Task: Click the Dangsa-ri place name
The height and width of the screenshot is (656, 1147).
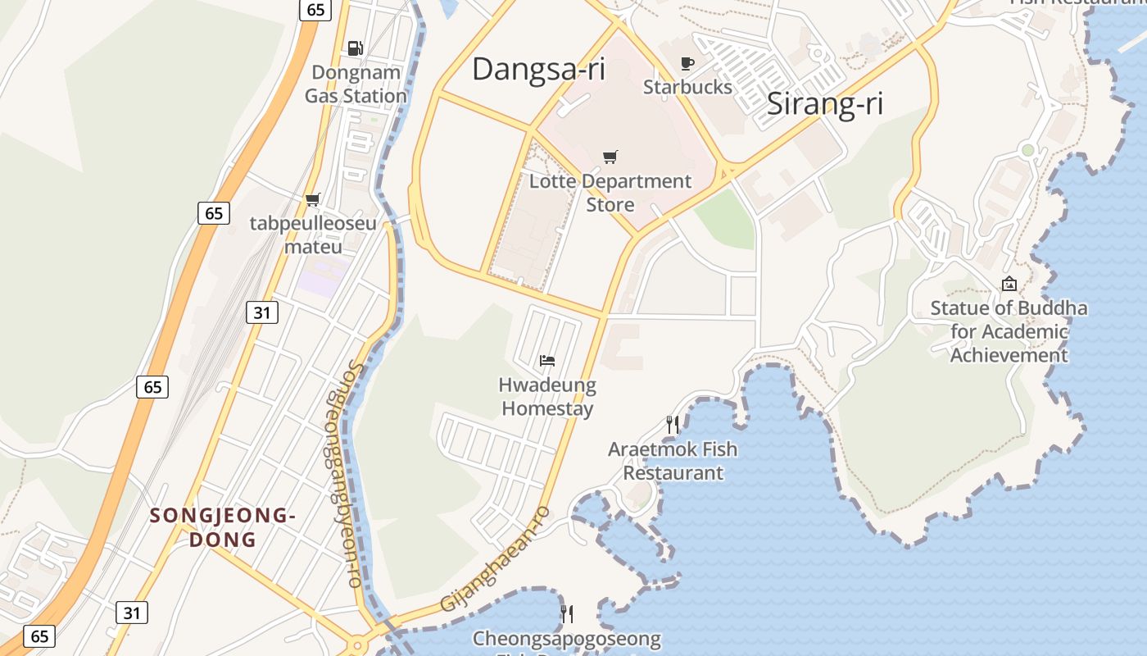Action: [538, 69]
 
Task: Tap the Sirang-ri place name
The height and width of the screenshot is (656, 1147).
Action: [825, 104]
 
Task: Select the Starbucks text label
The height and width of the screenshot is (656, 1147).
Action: [687, 86]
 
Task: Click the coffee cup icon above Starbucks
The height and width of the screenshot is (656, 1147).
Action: [687, 63]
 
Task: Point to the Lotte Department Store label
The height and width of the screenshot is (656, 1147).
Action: [610, 193]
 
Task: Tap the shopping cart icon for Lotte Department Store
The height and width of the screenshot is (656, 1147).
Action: [610, 157]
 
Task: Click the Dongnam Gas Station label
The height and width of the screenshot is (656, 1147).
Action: [356, 84]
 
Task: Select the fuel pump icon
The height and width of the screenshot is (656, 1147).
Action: [355, 48]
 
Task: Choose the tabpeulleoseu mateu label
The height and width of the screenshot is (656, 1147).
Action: [313, 235]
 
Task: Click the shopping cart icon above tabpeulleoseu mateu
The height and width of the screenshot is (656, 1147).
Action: [312, 199]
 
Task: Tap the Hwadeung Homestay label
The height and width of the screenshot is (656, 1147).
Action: [547, 396]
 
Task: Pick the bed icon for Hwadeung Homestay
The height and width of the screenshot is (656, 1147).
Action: [547, 361]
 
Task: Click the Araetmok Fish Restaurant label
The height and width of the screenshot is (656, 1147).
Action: [673, 461]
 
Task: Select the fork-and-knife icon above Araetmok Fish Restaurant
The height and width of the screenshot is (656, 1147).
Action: [673, 425]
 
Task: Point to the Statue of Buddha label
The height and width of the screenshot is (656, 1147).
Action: [1009, 331]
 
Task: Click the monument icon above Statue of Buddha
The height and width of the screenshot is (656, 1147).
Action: [1009, 285]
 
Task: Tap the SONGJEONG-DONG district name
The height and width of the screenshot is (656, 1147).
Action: [222, 527]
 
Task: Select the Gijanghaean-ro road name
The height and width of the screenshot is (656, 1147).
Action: [496, 558]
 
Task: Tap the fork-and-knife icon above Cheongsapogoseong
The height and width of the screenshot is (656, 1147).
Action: [566, 613]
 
